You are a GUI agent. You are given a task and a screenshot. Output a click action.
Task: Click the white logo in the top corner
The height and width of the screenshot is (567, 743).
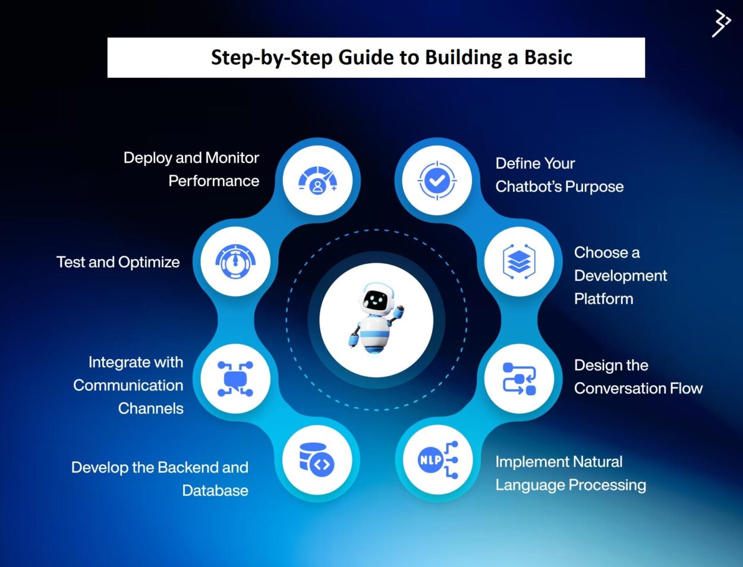tap(721, 23)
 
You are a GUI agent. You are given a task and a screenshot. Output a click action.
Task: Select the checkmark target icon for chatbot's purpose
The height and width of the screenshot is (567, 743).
tap(437, 180)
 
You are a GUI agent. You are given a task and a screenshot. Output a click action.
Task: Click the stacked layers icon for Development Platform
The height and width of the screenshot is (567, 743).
tap(519, 262)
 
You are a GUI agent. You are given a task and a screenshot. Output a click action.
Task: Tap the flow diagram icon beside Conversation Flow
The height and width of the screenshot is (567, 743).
tap(519, 379)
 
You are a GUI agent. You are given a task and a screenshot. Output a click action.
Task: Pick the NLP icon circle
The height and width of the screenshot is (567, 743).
tap(437, 460)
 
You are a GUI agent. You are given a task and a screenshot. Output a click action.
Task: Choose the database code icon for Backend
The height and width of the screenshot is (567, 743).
tap(317, 460)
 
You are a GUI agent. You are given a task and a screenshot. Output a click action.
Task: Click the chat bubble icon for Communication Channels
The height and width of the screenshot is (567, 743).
tap(235, 379)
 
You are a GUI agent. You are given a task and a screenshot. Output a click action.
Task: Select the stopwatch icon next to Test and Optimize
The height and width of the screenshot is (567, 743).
tap(235, 262)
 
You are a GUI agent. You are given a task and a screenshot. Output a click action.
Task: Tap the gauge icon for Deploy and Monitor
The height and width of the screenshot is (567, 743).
tap(317, 180)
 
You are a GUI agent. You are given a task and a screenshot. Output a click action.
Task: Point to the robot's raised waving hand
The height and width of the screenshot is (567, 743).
tap(398, 311)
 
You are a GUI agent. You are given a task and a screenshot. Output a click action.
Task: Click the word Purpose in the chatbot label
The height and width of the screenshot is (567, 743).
tap(591, 187)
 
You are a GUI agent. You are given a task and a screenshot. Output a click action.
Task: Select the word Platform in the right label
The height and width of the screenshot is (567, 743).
tap(603, 299)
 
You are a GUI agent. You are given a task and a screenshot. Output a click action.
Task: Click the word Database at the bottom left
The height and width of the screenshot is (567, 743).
tap(215, 491)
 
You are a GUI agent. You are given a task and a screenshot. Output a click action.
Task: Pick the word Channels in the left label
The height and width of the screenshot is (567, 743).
tap(150, 409)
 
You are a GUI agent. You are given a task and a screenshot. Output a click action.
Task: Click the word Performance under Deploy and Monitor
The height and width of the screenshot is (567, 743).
tap(213, 181)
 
